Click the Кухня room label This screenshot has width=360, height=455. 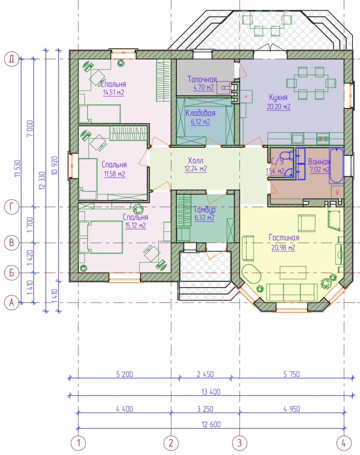tap(278, 97)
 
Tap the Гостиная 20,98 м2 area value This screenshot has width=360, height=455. tap(283, 247)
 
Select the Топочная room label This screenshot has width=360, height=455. tap(202, 79)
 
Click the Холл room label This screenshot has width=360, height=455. tap(196, 160)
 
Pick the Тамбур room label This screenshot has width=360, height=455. tap(205, 209)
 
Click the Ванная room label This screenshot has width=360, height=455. tap(319, 162)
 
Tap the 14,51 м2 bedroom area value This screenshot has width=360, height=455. tap(113, 93)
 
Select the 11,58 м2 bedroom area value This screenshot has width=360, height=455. tap(114, 174)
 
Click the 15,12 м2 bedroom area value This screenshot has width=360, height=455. tap(135, 225)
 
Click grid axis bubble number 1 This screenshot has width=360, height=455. tap(78, 443)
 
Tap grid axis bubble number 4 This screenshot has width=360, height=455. tap(344, 443)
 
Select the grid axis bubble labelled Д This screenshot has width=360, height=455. tap(11, 59)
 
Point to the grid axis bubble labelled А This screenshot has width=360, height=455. tap(11, 303)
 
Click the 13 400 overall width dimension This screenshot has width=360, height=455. tap(211, 392)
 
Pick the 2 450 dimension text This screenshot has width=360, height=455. tap(205, 374)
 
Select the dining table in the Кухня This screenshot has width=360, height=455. tap(311, 83)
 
